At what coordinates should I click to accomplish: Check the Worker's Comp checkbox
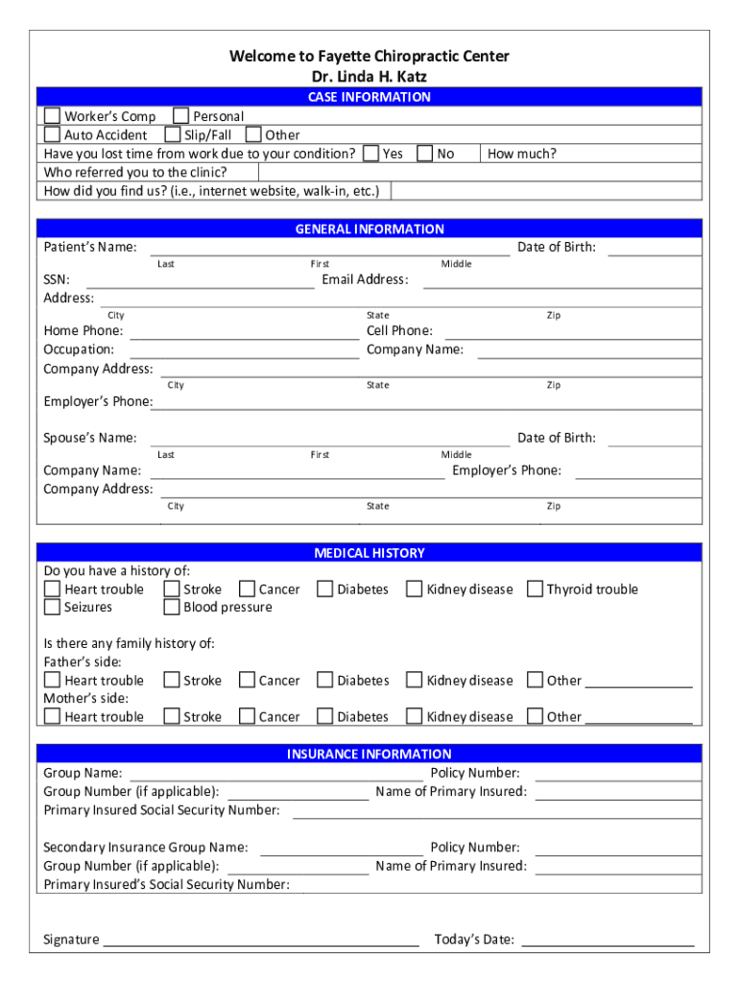[52, 116]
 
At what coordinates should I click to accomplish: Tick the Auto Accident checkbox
[52, 135]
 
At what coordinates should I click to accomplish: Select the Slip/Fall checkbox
[173, 135]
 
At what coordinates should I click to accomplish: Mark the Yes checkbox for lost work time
[370, 154]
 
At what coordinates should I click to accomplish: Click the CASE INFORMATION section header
[369, 97]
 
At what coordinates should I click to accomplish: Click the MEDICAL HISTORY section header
[369, 553]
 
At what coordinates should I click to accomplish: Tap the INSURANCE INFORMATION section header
[369, 755]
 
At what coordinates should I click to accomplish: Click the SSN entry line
[200, 286]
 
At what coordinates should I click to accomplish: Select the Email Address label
[365, 280]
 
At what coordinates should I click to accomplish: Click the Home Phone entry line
[244, 337]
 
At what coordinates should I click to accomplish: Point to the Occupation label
[79, 349]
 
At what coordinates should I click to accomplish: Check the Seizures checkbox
[52, 608]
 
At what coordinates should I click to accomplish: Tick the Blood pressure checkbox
[172, 608]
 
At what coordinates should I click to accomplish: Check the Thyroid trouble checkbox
[535, 589]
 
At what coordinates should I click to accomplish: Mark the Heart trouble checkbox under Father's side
[52, 681]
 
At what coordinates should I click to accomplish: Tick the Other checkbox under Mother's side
[535, 716]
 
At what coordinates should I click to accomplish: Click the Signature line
[261, 945]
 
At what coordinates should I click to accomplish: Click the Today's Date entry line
[608, 945]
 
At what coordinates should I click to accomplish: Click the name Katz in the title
[410, 76]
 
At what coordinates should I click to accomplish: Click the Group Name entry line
[276, 779]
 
